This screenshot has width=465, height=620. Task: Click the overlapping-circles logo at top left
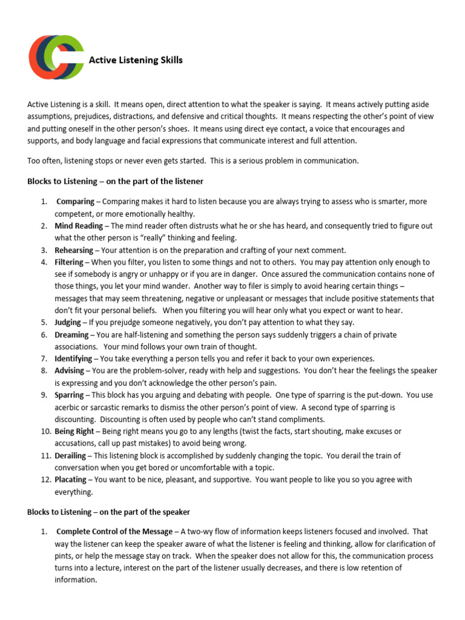tap(56, 58)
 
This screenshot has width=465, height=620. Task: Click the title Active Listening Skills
tap(136, 60)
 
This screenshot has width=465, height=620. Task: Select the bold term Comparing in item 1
tap(75, 202)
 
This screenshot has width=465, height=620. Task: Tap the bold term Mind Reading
tap(79, 226)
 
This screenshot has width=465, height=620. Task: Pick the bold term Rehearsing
tap(74, 250)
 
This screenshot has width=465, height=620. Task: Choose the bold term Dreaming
tap(71, 334)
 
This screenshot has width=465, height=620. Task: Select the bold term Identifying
tap(73, 358)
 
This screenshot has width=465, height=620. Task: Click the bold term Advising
tap(70, 371)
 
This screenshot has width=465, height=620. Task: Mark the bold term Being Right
tap(74, 431)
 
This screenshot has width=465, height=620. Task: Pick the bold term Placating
tap(71, 480)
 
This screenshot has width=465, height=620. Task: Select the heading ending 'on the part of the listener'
tap(115, 181)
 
